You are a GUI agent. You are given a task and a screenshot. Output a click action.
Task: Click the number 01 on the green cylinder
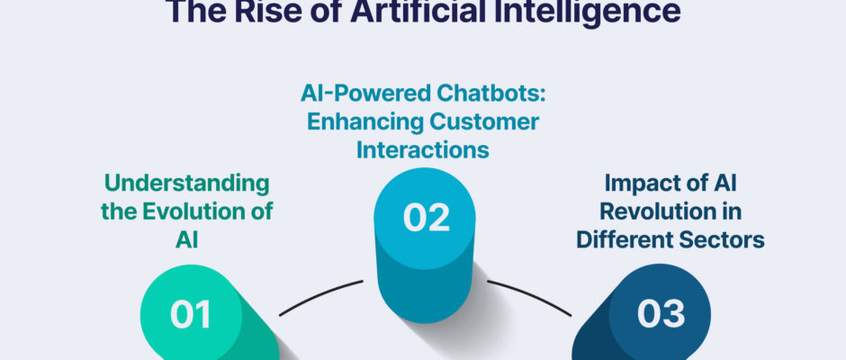click(x=191, y=315)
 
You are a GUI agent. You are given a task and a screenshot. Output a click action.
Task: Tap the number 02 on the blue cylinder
click(x=427, y=218)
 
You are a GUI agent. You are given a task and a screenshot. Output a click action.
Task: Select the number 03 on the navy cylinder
click(x=661, y=314)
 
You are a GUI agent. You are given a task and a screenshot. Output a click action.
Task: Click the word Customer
click(x=483, y=122)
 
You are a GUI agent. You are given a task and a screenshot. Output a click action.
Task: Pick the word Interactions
click(x=423, y=149)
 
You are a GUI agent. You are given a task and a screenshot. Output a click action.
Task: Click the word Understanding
click(x=186, y=184)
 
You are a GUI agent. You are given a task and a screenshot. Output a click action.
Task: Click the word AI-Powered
click(x=357, y=94)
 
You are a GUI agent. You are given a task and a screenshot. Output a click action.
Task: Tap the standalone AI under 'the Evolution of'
click(x=186, y=239)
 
